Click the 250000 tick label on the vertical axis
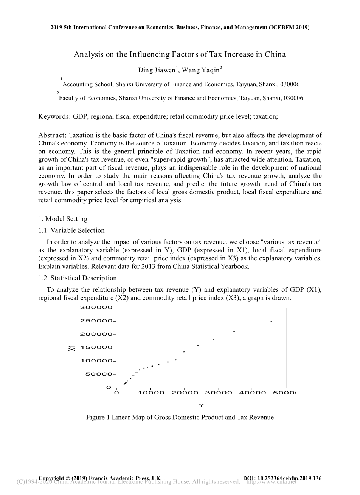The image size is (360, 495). click(96, 321)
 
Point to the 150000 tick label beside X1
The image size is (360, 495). click(96, 347)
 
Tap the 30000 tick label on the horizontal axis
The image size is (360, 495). click(218, 393)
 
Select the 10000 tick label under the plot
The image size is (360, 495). click(151, 393)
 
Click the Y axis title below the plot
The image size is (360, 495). click(201, 405)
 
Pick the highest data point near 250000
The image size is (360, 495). click(270, 321)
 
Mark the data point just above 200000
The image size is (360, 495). click(234, 331)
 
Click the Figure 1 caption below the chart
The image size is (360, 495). click(180, 417)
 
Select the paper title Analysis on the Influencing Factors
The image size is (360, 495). click(180, 54)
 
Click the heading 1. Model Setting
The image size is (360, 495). click(63, 219)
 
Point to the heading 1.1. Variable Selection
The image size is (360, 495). click(71, 230)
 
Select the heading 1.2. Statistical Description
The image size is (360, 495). click(78, 278)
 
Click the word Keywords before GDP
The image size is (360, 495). click(54, 116)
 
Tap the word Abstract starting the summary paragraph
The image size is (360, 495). click(52, 135)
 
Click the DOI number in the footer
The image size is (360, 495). click(282, 478)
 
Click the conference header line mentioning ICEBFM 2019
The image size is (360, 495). click(180, 28)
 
